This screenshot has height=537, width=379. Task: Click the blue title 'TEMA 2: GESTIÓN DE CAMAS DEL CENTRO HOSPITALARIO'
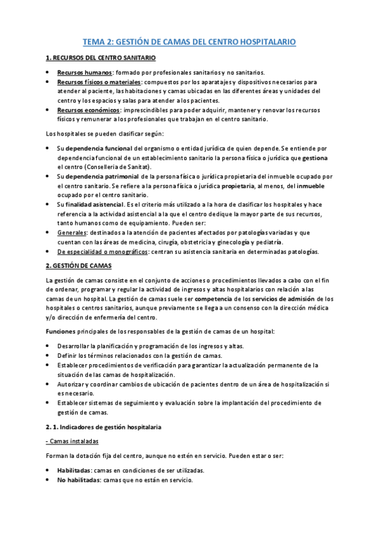[190, 42]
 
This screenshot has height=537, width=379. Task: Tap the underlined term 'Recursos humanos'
[85, 72]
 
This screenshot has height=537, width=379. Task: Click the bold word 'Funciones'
[61, 331]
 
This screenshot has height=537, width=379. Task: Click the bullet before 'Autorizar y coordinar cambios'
[49, 384]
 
